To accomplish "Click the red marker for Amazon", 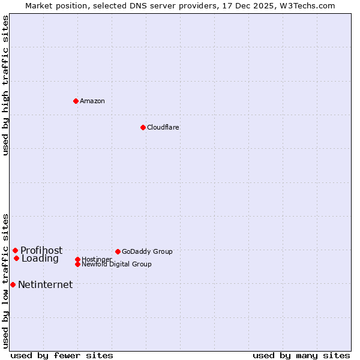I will click(76, 101).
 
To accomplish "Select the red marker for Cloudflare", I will click(143, 127).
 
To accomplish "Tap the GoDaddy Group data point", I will click(118, 251).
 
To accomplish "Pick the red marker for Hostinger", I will click(77, 259).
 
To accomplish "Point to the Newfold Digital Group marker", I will click(77, 264).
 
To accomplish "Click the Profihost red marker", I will click(15, 250).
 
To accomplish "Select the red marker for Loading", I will click(16, 258).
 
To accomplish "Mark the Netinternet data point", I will click(13, 284).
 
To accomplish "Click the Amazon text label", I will click(92, 101).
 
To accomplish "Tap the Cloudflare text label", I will click(163, 127).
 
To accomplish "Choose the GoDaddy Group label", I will click(147, 251).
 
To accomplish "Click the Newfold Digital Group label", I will click(117, 264).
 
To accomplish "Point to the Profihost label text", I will click(41, 250).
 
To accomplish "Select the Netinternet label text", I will click(46, 284).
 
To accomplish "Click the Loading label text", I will click(40, 259).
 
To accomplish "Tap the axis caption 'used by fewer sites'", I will click(62, 355).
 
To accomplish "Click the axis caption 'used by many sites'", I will click(301, 355).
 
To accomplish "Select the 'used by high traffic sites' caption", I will click(5, 85).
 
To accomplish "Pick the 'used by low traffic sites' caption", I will click(5, 281).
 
